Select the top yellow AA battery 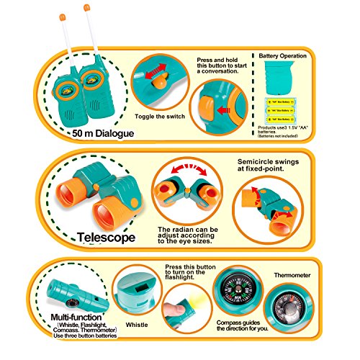click(x=284, y=102)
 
